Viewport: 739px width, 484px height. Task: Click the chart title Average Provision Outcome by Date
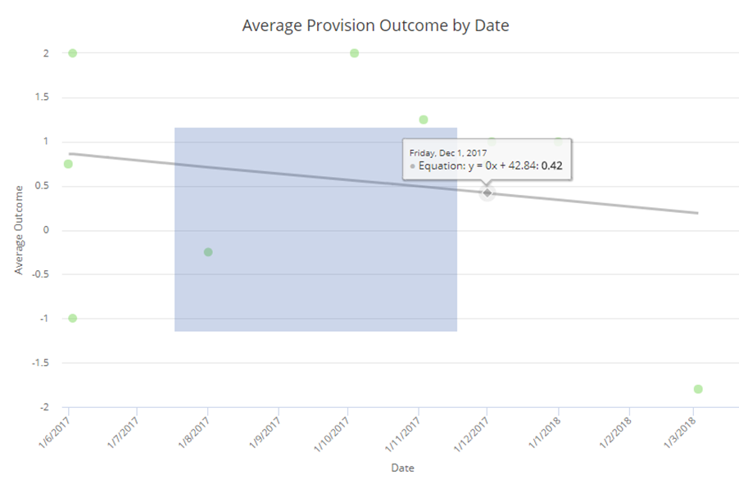[375, 25]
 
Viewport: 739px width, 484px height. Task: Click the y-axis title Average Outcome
[19, 229]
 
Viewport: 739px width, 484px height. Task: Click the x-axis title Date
[401, 468]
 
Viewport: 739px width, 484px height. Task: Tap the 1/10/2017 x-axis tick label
[333, 431]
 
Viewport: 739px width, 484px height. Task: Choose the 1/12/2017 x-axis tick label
[472, 431]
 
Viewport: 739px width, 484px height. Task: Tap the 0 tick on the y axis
[46, 230]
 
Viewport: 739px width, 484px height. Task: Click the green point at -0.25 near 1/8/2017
[208, 252]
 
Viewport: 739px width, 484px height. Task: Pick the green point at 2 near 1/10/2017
[354, 53]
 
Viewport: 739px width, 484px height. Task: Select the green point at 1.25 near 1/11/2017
[424, 120]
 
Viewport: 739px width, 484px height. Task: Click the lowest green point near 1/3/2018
[698, 389]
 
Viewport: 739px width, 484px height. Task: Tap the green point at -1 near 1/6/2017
[72, 318]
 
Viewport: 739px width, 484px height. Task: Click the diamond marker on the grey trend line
[487, 192]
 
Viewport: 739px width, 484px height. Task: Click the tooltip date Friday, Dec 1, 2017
[448, 152]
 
